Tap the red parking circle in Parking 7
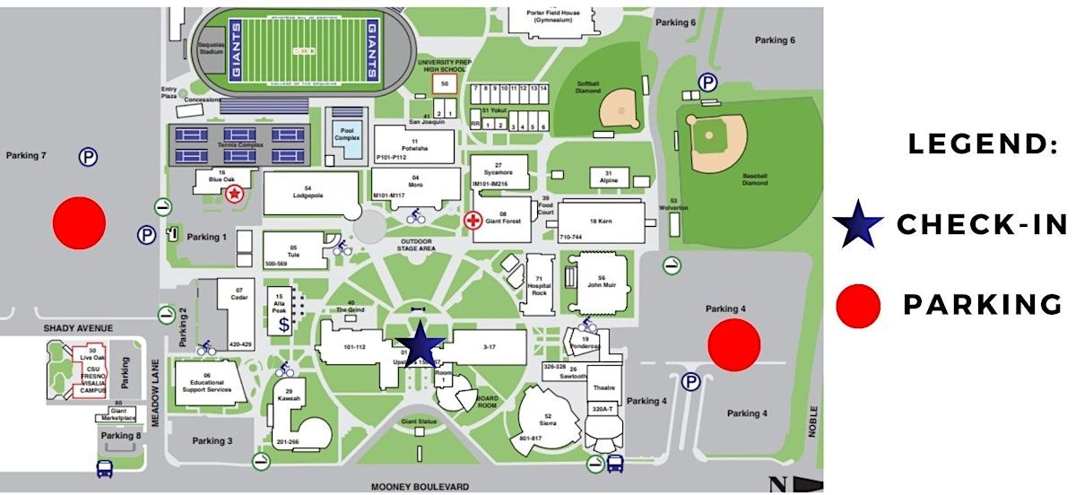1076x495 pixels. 80,222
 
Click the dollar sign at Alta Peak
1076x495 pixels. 283,325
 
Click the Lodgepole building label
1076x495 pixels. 308,193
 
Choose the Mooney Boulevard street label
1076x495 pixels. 420,487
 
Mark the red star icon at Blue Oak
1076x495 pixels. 234,193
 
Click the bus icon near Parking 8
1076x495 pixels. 104,467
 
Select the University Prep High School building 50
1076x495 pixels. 445,83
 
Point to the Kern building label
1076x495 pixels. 599,220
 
